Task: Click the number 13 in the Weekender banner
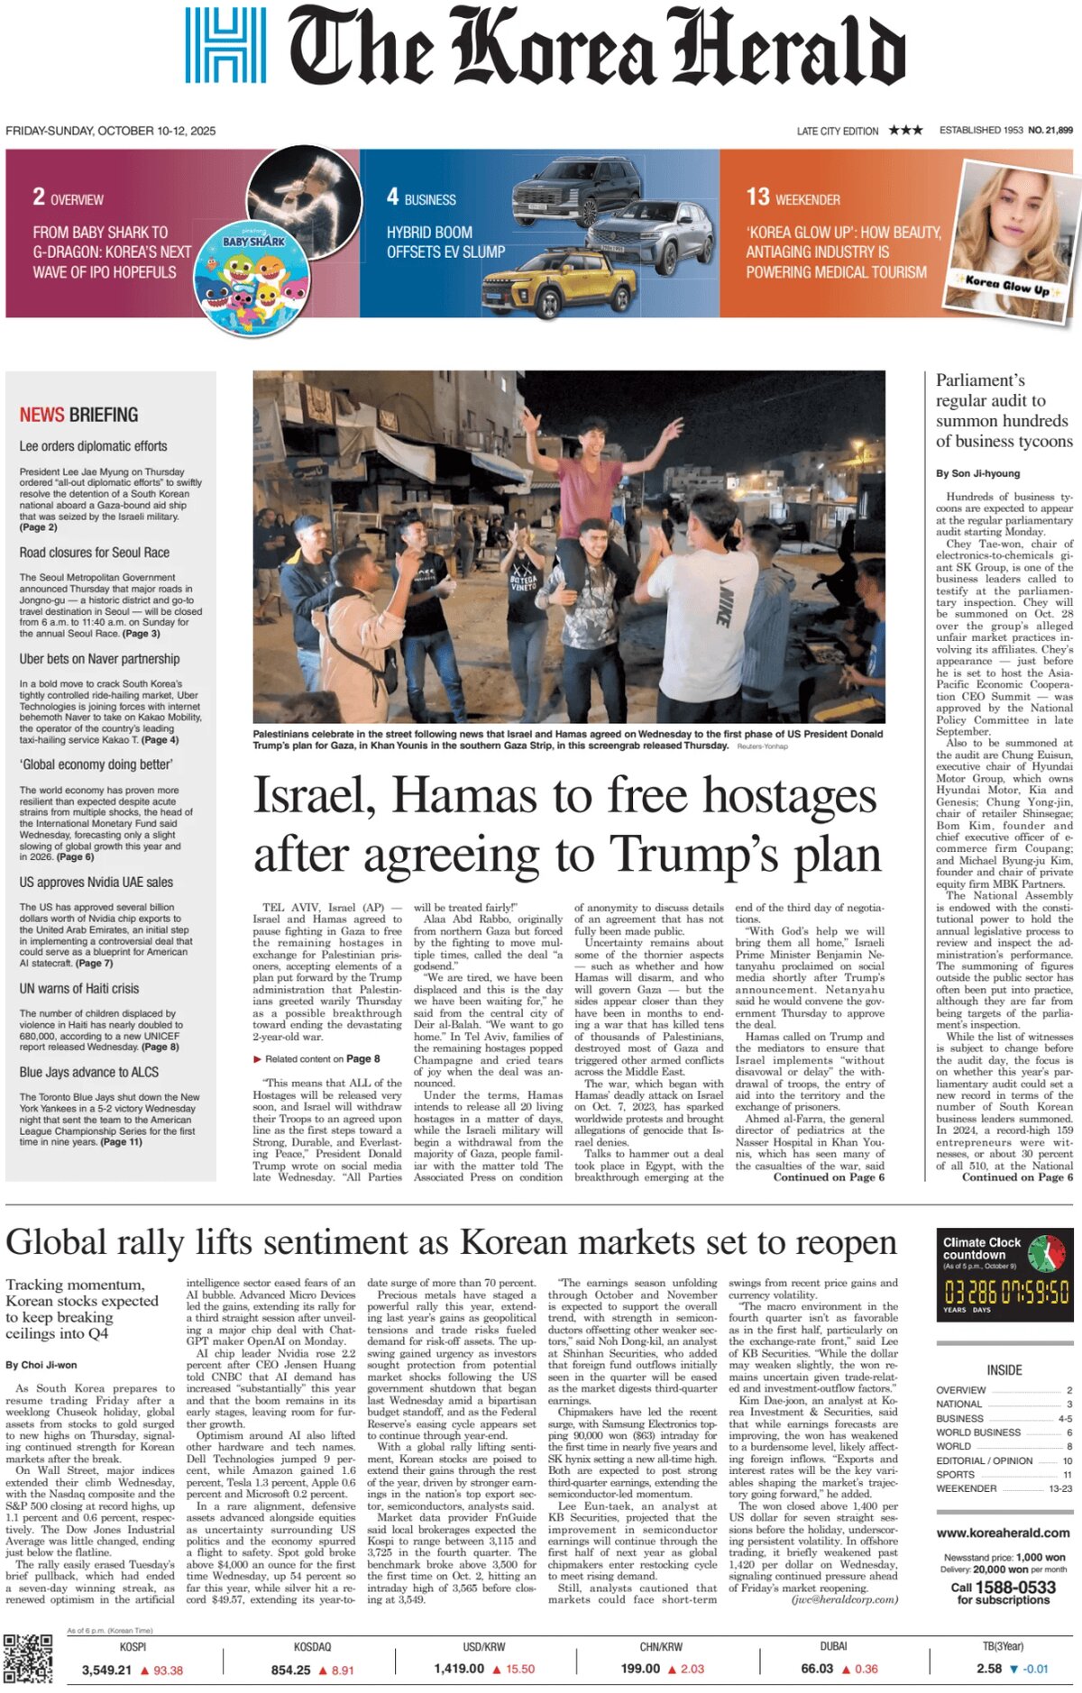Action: click(x=757, y=197)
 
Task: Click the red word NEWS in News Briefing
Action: click(x=42, y=415)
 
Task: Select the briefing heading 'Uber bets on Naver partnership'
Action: click(x=99, y=659)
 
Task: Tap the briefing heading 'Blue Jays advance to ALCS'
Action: click(x=89, y=1072)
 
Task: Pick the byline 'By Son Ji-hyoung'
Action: click(x=977, y=473)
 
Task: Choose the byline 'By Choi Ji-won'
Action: click(x=41, y=1365)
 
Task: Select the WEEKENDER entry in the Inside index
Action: click(x=966, y=1488)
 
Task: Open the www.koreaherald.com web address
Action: click(x=1003, y=1533)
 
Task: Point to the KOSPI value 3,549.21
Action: click(x=106, y=1670)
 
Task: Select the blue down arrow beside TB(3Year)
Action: click(x=1013, y=1670)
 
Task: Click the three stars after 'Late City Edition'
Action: click(x=905, y=131)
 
